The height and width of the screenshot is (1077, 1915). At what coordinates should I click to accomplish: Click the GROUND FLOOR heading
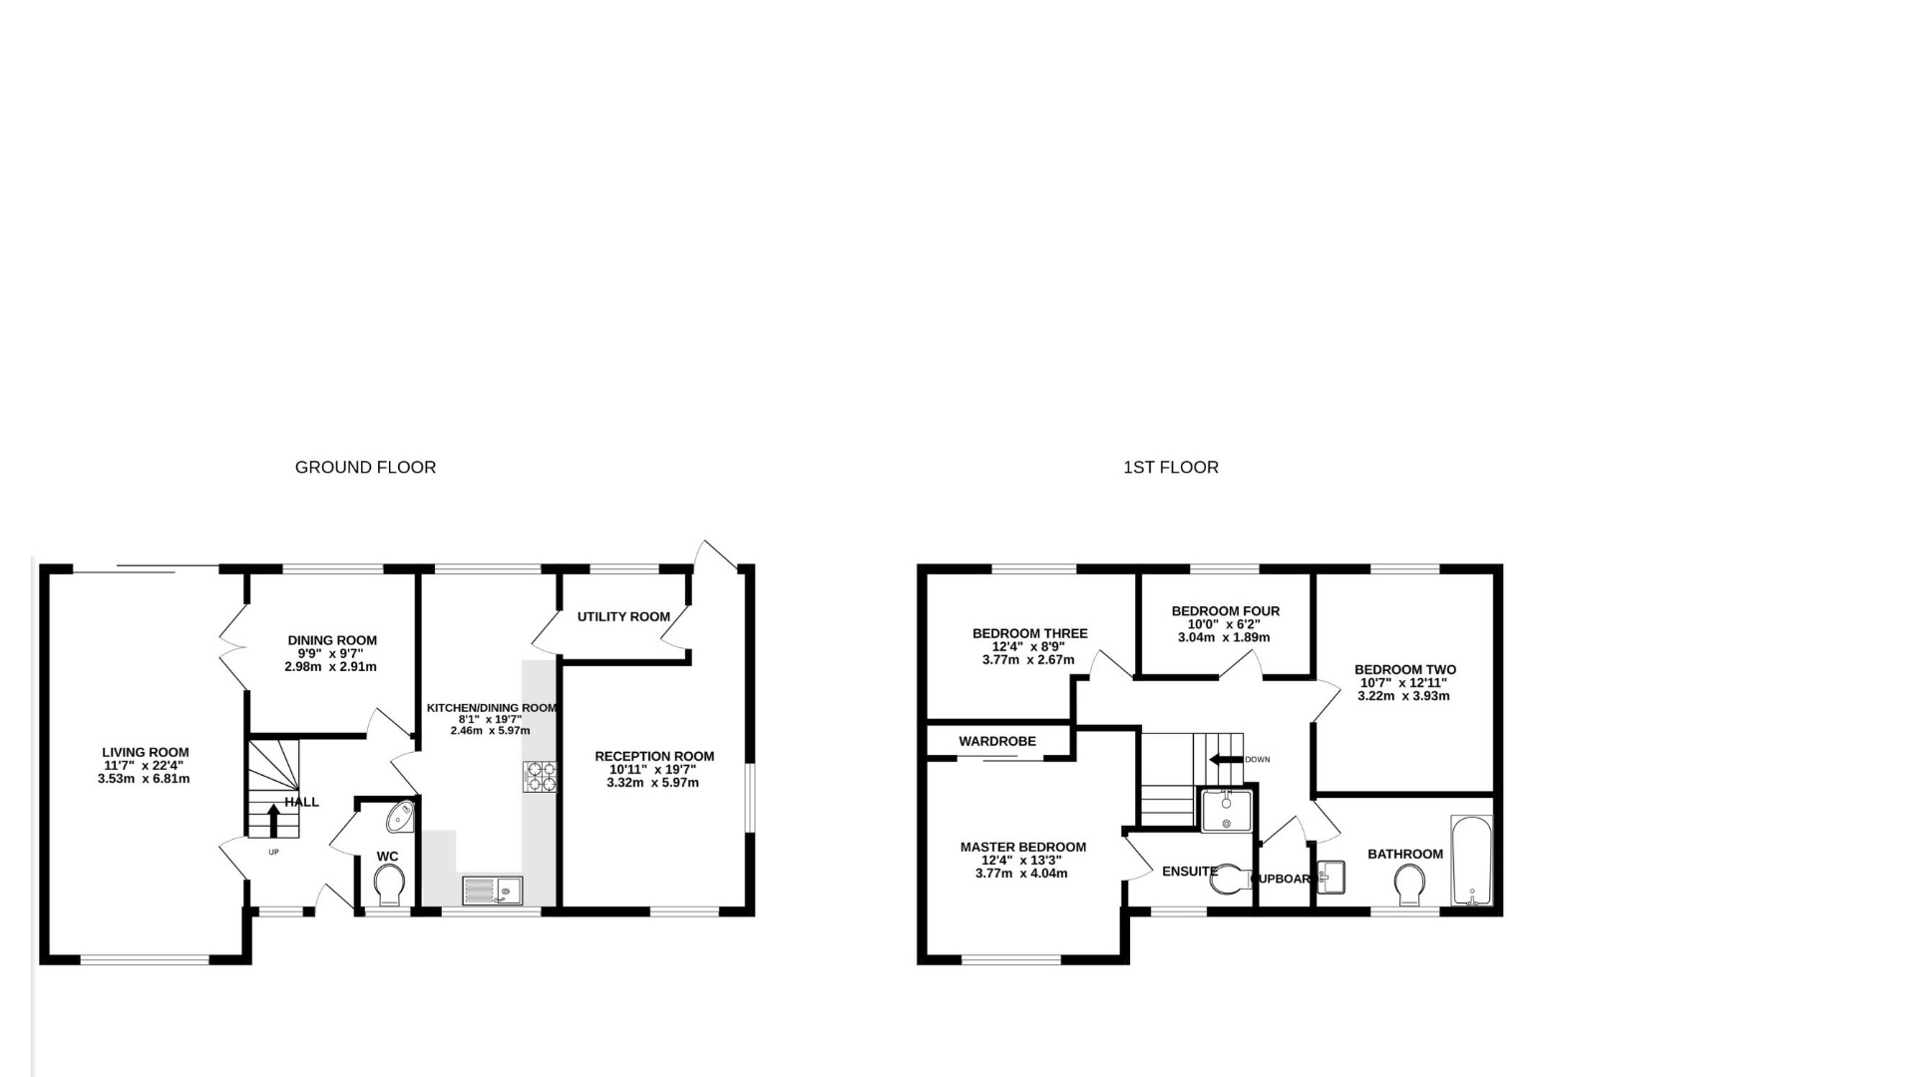pos(365,467)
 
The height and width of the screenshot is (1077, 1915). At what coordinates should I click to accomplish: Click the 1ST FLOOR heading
pos(1170,467)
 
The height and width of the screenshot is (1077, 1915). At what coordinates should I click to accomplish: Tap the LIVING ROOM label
pos(145,753)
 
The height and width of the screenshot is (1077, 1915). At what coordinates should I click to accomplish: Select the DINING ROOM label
pos(332,640)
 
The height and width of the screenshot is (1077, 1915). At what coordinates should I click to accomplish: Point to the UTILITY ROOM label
pos(623,616)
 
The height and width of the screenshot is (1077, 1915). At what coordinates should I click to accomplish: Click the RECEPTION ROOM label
pos(654,756)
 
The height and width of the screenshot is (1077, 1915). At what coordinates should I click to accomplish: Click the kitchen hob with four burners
pos(540,776)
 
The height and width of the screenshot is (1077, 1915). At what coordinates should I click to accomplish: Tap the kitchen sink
pos(493,890)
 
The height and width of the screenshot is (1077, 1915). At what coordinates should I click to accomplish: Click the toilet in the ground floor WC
pos(389,884)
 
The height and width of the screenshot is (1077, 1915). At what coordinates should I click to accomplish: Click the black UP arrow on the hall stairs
pos(274,819)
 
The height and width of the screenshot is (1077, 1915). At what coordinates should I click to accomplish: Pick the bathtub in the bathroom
pos(1471,861)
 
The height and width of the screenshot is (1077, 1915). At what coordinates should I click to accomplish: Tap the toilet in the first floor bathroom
pos(1409,885)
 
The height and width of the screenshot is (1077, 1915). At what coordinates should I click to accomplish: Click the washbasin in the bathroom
pos(1332,877)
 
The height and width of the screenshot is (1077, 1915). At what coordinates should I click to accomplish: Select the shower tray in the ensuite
pos(1225,810)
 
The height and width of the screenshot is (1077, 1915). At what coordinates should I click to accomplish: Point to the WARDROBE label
pos(997,741)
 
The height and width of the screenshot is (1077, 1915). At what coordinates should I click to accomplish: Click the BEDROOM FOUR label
pos(1225,611)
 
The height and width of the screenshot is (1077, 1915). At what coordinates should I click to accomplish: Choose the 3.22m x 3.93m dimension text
pos(1403,696)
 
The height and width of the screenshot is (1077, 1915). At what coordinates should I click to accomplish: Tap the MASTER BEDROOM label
pos(1022,848)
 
